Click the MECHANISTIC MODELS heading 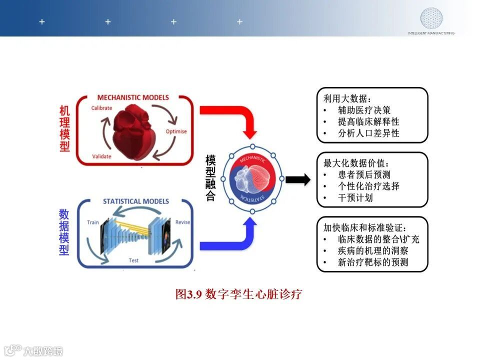[133, 97]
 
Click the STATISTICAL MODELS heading [136, 201]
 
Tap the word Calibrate [101, 108]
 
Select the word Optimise [176, 131]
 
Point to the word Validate [101, 156]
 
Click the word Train [93, 222]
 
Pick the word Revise [182, 222]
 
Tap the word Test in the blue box [134, 260]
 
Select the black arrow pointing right [298, 180]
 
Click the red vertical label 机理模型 [64, 129]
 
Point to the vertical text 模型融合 [210, 178]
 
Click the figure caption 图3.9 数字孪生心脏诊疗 [238, 294]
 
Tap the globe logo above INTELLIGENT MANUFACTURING [431, 18]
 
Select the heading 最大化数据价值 [356, 163]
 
